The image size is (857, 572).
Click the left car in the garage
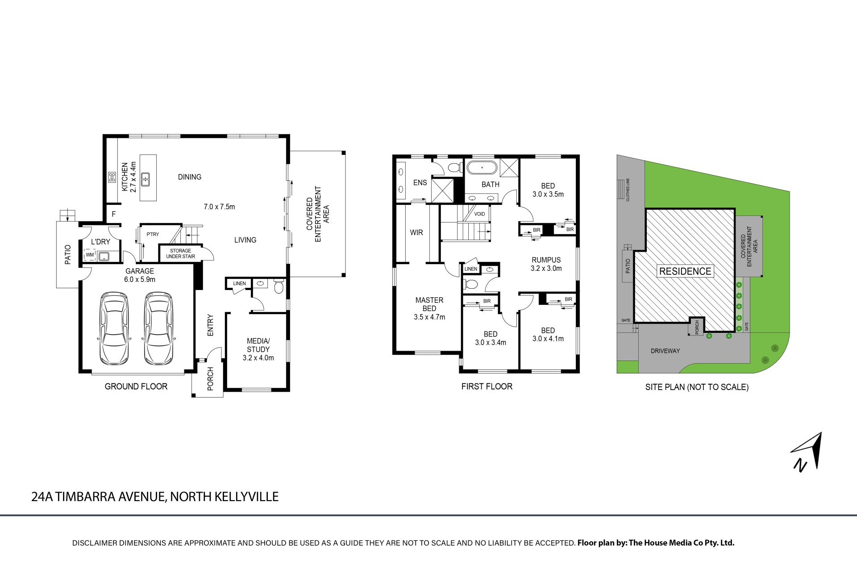(114, 328)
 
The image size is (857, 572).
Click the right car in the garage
(158, 328)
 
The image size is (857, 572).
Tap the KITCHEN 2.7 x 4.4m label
(129, 178)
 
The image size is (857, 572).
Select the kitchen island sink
(146, 179)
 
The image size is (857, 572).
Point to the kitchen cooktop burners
(112, 177)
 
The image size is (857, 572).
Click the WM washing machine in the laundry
(90, 255)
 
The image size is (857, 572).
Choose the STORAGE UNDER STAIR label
(180, 253)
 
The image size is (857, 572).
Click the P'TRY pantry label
(153, 234)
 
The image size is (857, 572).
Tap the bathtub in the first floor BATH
(482, 168)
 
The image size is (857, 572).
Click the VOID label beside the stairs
(479, 214)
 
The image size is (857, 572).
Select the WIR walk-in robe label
(416, 232)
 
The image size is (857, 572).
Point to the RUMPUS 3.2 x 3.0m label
(546, 264)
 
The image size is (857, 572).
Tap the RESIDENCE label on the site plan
(685, 271)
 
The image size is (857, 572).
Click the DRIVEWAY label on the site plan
(665, 351)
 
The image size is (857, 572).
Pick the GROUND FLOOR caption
(136, 386)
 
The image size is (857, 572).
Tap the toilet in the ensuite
(455, 168)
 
